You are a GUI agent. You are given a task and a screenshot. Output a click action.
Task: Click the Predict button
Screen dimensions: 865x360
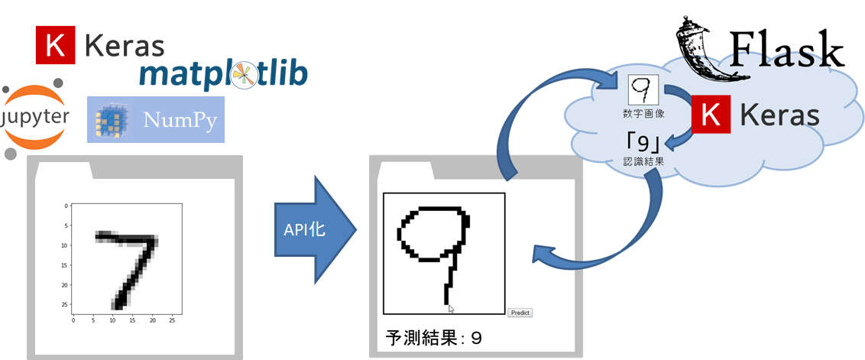point(520,313)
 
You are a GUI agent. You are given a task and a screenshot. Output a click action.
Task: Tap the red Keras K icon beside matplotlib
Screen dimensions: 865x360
point(56,45)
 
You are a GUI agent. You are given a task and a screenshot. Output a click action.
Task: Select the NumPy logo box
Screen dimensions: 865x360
point(156,119)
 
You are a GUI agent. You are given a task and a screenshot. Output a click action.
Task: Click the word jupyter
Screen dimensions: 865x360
point(33,118)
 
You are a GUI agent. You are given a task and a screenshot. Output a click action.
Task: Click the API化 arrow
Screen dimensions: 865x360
point(316,230)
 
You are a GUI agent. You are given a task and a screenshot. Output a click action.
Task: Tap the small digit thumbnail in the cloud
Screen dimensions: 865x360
point(644,89)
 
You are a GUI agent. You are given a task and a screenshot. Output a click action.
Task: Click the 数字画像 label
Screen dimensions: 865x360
point(644,115)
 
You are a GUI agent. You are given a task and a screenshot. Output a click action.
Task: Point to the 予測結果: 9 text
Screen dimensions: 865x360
point(433,337)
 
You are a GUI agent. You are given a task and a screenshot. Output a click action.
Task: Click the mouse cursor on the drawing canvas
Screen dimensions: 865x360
point(452,309)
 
